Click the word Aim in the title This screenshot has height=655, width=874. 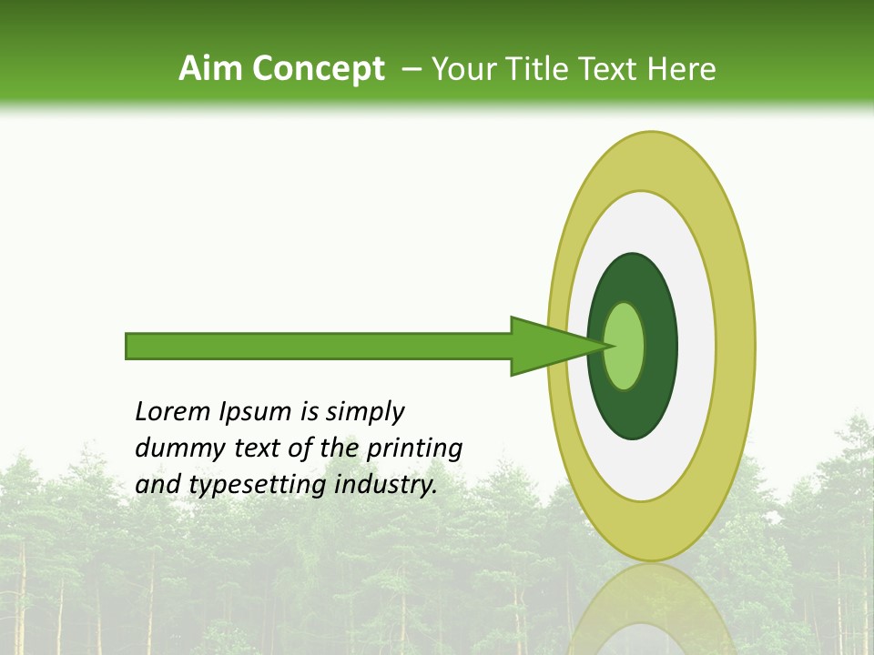click(x=211, y=69)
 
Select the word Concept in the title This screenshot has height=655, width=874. click(x=318, y=69)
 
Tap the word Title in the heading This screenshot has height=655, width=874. click(x=540, y=69)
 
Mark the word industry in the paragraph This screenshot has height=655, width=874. click(x=386, y=485)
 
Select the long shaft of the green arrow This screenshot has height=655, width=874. click(x=319, y=346)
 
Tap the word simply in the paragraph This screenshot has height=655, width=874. click(x=364, y=412)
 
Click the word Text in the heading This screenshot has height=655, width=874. click(x=614, y=69)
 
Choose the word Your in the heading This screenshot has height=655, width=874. click(x=464, y=69)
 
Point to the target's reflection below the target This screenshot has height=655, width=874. click(x=652, y=610)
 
